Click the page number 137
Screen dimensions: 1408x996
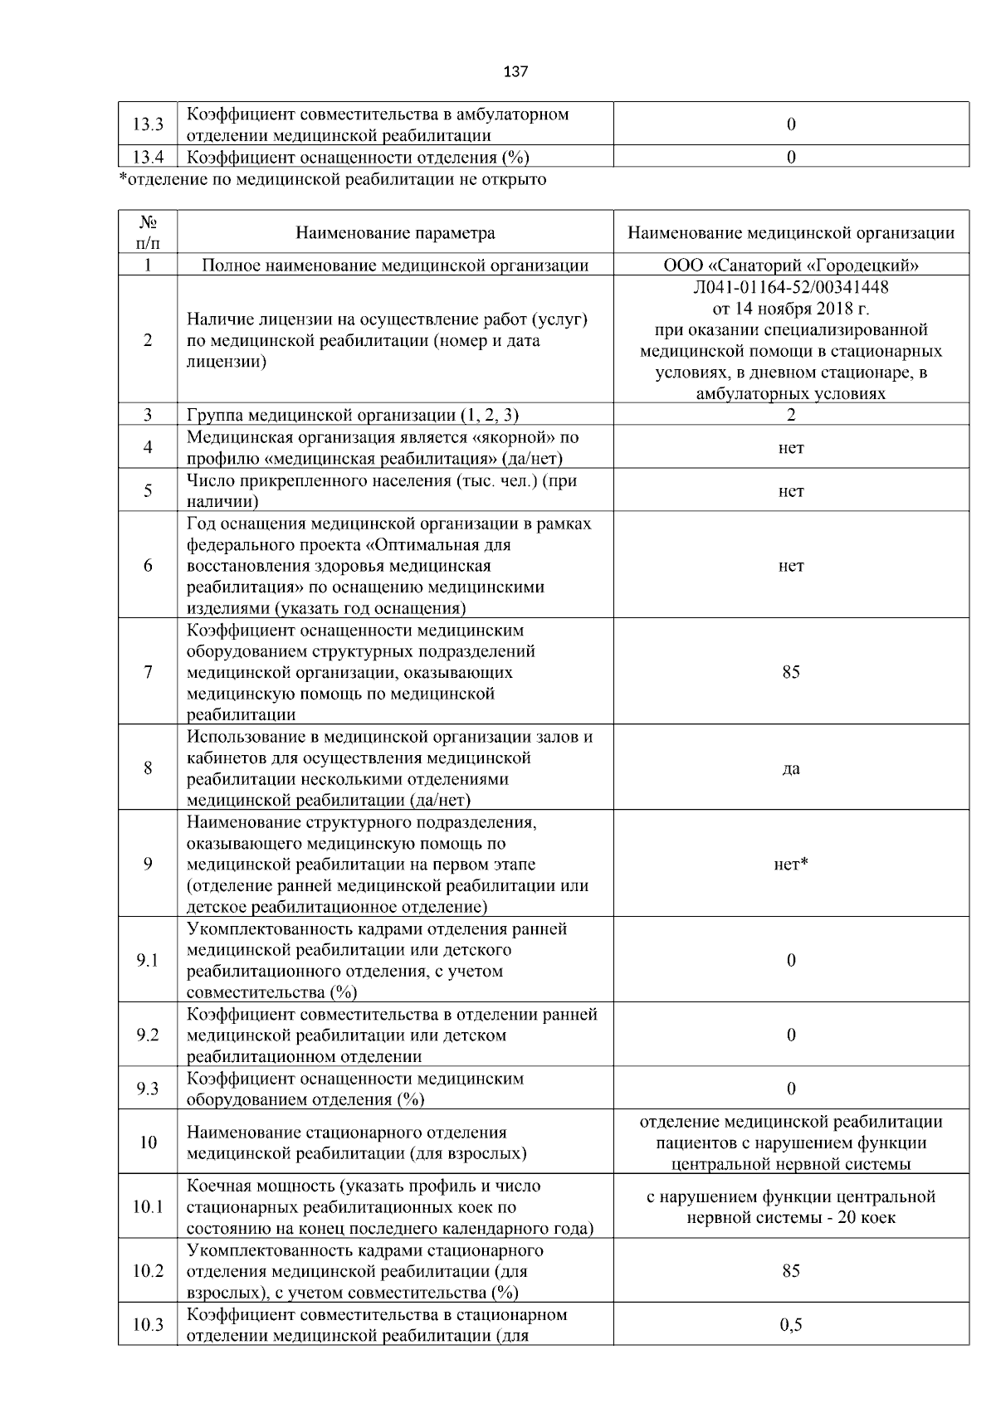point(515,71)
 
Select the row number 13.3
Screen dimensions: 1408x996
point(148,124)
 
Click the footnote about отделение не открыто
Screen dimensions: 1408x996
point(333,179)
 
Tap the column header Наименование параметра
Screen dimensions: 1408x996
point(395,233)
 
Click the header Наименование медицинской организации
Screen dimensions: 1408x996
point(790,233)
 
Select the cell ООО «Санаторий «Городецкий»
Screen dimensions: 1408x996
point(790,266)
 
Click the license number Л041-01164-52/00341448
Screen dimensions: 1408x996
point(790,287)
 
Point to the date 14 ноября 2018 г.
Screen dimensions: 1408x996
point(790,309)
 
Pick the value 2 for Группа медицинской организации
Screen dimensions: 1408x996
point(790,415)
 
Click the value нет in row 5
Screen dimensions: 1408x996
point(790,491)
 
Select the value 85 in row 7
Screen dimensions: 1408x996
point(790,671)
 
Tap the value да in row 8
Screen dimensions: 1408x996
point(790,768)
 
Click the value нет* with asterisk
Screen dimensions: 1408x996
point(790,865)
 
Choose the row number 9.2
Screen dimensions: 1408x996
point(148,1035)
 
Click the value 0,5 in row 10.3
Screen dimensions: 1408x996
point(790,1325)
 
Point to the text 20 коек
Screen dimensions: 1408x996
point(864,1218)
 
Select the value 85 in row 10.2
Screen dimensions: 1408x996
point(790,1271)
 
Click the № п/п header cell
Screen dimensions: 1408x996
point(148,233)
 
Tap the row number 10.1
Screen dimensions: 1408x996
point(148,1207)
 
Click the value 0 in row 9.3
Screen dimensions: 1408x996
point(790,1089)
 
